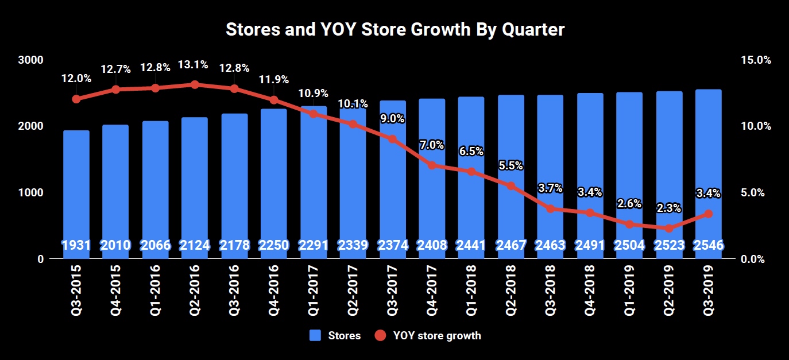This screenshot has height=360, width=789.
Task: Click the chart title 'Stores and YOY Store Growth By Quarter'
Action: pyautogui.click(x=395, y=30)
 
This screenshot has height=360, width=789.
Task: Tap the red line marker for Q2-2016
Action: pyautogui.click(x=195, y=84)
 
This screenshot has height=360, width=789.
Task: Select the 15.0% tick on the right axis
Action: pyautogui.click(x=755, y=60)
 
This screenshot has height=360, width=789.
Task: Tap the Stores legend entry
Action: pyautogui.click(x=335, y=336)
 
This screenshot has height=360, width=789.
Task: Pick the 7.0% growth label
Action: pyautogui.click(x=432, y=145)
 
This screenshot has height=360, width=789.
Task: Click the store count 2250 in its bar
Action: pyautogui.click(x=273, y=245)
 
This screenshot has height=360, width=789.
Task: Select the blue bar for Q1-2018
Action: pyautogui.click(x=471, y=172)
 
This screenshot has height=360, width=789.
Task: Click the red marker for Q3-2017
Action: pyautogui.click(x=392, y=139)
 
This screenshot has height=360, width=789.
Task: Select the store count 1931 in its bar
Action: pyautogui.click(x=76, y=245)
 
